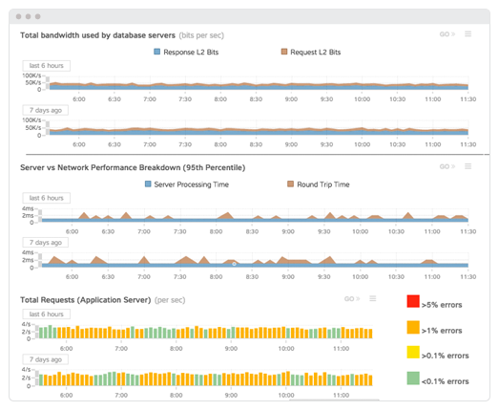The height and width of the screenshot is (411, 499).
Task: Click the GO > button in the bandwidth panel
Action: click(447, 34)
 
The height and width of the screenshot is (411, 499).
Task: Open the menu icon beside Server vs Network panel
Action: click(468, 166)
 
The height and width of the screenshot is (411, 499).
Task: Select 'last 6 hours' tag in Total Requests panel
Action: click(45, 314)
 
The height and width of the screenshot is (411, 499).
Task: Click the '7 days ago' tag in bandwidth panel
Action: click(43, 110)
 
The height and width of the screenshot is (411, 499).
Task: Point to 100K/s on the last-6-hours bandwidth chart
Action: click(31, 75)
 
